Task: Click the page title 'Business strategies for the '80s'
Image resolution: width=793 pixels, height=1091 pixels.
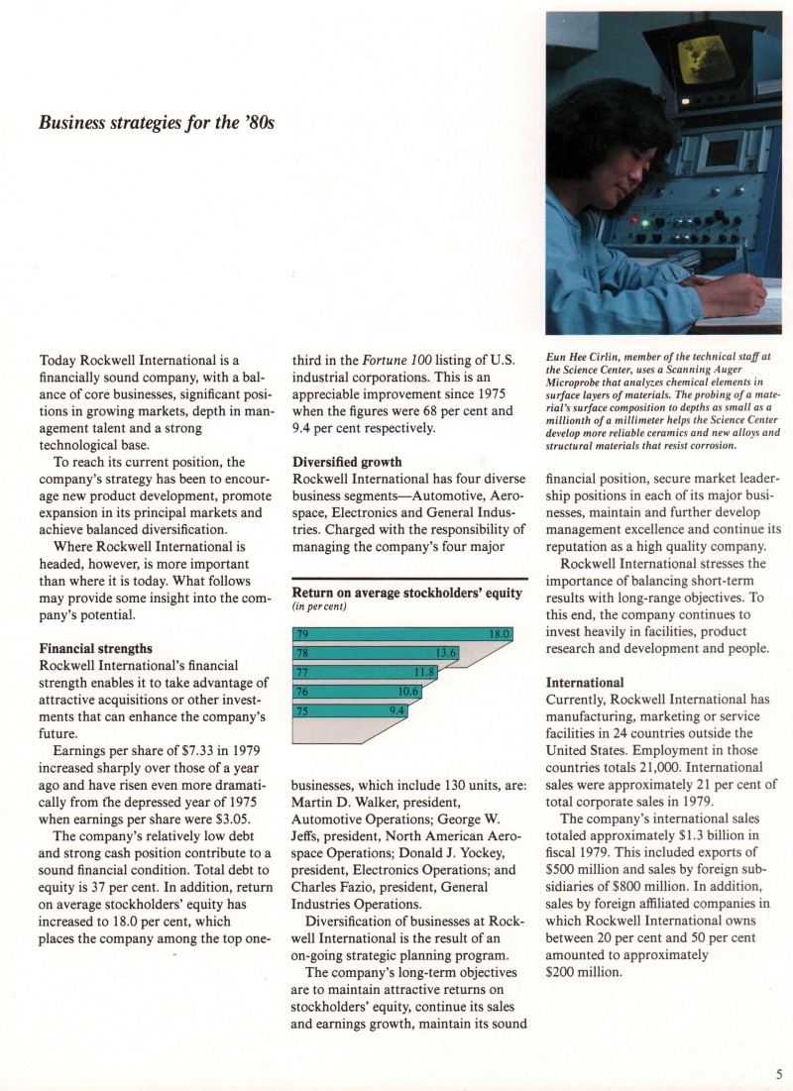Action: (x=156, y=124)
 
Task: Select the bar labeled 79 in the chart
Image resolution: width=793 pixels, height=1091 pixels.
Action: (x=401, y=634)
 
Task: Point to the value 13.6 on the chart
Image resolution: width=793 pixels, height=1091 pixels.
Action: (x=446, y=653)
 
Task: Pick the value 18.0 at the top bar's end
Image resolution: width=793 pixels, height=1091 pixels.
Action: (x=499, y=634)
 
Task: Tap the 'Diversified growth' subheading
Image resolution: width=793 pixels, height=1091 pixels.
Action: (x=347, y=461)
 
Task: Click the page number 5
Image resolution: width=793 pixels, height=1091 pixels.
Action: (x=780, y=1072)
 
